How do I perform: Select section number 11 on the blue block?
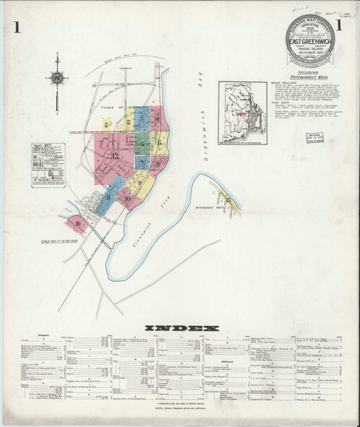pyautogui.click(x=109, y=197)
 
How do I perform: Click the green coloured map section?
pyautogui.click(x=142, y=142)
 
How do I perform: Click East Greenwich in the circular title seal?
pyautogui.click(x=316, y=51)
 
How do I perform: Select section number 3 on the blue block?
pyautogui.click(x=129, y=121)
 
